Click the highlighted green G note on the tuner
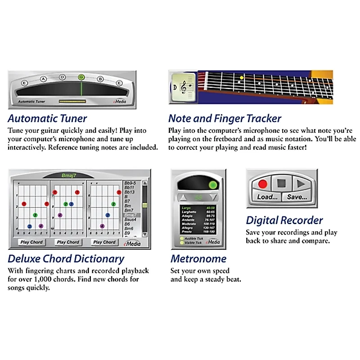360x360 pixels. tap(81, 77)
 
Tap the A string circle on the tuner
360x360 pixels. tap(44, 79)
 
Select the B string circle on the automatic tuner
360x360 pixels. tap(101, 79)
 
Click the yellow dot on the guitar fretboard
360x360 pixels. tap(241, 78)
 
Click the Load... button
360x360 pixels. tap(267, 197)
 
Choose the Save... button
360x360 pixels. tap(297, 197)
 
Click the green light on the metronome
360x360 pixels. tap(212, 185)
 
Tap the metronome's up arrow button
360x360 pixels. tap(183, 198)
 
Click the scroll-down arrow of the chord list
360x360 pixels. tap(145, 234)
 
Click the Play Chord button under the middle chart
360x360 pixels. tap(68, 242)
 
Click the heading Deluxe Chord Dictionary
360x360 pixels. tap(66, 259)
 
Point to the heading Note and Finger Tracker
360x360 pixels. tap(225, 119)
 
